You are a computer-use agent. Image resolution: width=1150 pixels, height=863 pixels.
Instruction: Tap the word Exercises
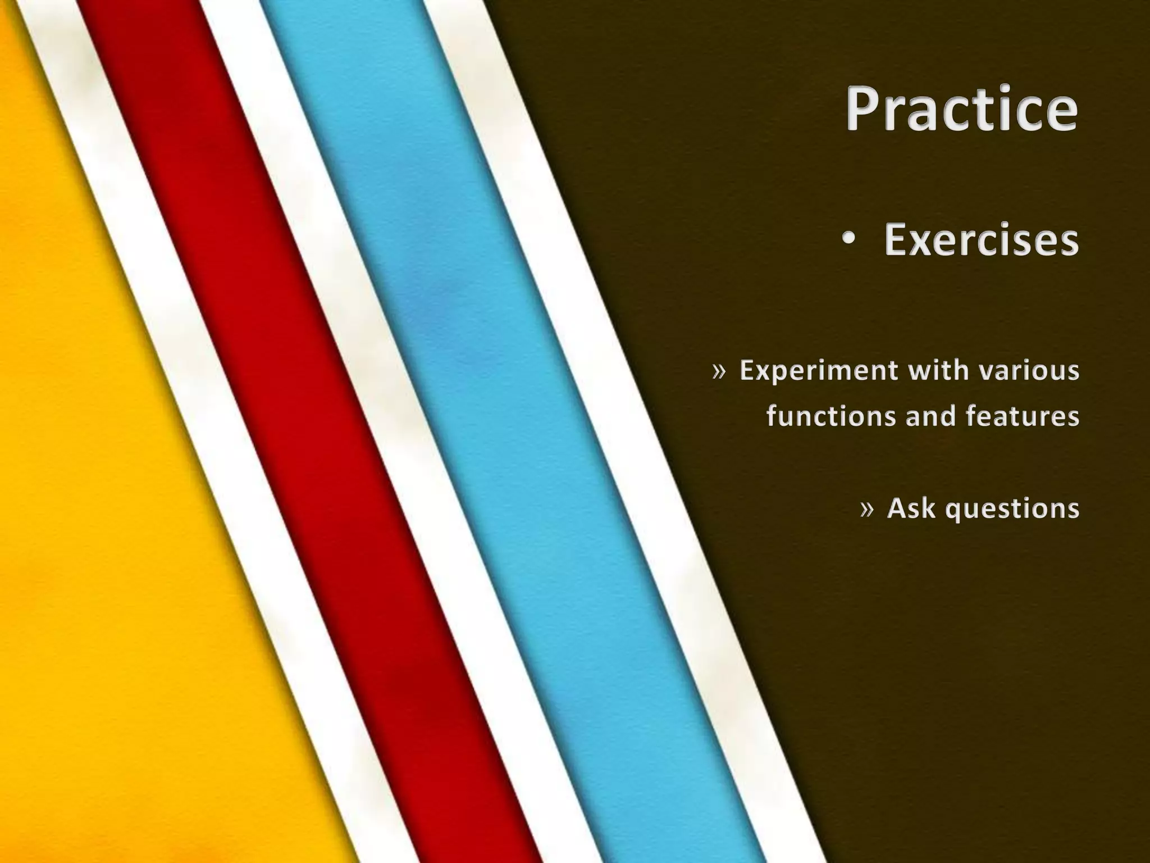981,240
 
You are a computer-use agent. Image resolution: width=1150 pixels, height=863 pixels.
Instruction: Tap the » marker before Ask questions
867,509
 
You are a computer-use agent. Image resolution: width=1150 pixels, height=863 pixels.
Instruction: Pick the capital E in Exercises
898,240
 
